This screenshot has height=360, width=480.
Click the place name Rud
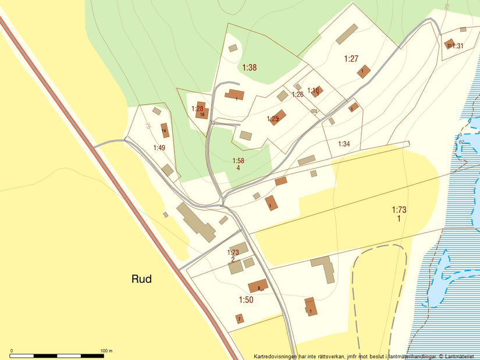tap(141, 279)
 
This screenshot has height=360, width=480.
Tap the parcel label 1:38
tap(249, 67)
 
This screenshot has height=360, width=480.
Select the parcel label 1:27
tap(351, 58)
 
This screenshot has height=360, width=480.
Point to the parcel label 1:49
tap(159, 148)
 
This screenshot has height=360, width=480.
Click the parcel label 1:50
tap(246, 300)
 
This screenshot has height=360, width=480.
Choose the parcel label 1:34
tap(344, 144)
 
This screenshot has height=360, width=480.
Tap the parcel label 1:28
tap(197, 109)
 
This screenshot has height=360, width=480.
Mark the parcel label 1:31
tap(458, 46)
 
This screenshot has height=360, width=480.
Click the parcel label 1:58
tap(238, 161)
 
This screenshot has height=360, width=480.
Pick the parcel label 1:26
tap(297, 94)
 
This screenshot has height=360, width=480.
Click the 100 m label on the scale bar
tap(106, 351)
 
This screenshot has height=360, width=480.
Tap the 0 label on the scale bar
tap(12, 351)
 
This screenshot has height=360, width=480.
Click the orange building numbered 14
tap(165, 131)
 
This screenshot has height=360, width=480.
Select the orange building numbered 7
tap(239, 319)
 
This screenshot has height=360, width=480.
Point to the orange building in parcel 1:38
tap(235, 95)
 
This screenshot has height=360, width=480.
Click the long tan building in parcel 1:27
tap(346, 34)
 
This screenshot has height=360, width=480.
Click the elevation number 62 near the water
tap(461, 141)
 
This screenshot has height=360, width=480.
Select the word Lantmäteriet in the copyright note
tap(460, 356)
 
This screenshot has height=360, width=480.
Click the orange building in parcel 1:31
tap(449, 44)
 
